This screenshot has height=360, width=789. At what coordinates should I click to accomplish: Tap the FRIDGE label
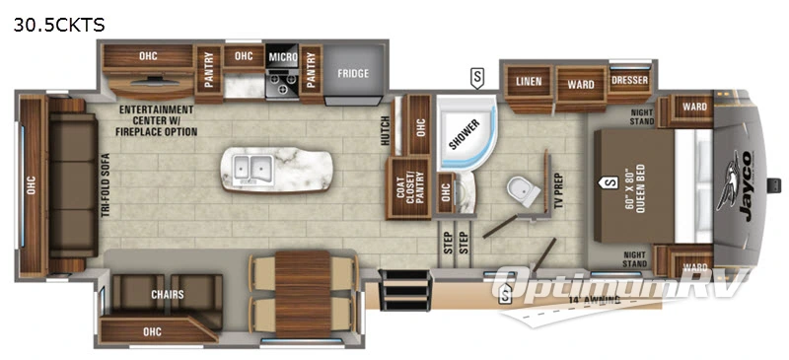[353, 73]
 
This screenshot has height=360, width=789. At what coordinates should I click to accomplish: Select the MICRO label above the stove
[283, 58]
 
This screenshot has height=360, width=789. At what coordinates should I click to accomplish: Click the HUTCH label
[387, 130]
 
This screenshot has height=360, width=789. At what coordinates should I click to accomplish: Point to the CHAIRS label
[169, 294]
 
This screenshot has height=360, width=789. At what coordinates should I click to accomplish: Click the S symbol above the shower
[478, 76]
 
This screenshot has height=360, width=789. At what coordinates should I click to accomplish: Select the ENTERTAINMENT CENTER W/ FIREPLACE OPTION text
[158, 120]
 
